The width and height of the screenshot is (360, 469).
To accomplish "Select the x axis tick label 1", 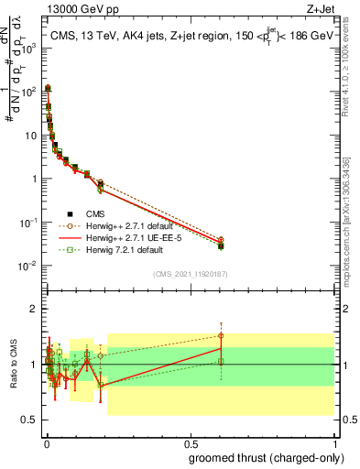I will pos(333,442).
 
